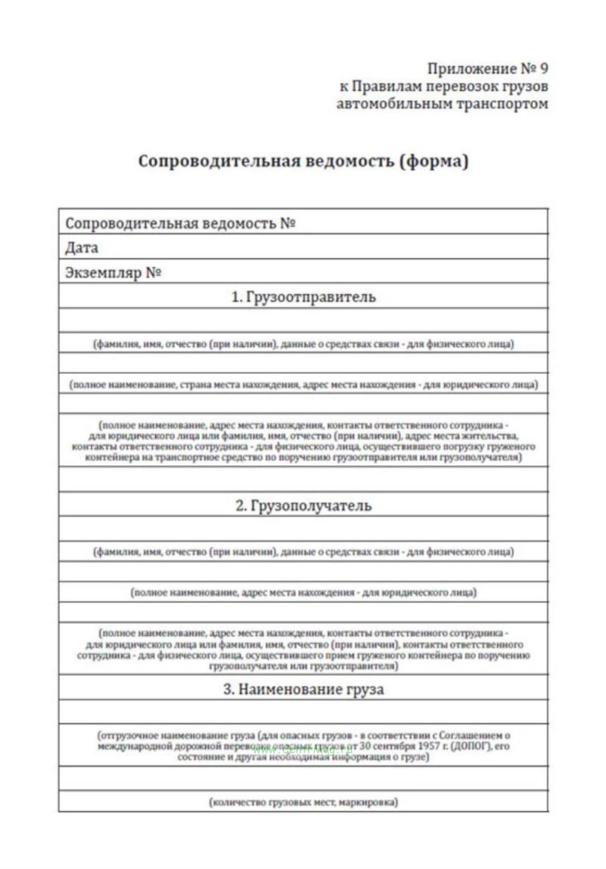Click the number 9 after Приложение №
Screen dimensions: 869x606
[543, 68]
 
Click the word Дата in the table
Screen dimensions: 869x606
[81, 248]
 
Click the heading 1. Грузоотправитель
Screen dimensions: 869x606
[303, 297]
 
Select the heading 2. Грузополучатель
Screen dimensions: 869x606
[303, 505]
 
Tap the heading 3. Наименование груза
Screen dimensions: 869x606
[303, 689]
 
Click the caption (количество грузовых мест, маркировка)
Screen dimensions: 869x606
[303, 802]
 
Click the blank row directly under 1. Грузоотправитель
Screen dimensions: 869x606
[303, 320]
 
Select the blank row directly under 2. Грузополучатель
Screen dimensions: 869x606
[303, 528]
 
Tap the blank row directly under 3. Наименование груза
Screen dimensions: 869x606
[303, 712]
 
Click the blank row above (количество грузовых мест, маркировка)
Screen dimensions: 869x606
[303, 779]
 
